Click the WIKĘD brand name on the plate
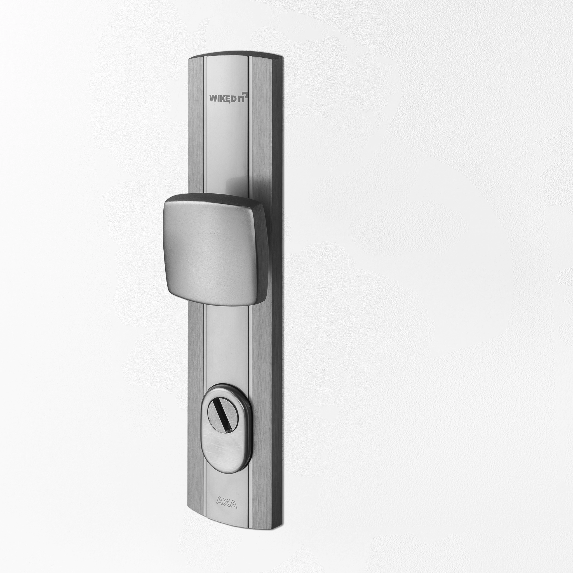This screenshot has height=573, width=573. [x=223, y=98]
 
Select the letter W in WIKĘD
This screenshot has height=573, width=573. [x=213, y=98]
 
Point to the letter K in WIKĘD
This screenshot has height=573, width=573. [x=223, y=98]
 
